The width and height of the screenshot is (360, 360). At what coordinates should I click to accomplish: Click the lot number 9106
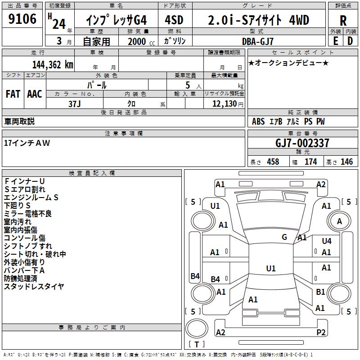(22, 19)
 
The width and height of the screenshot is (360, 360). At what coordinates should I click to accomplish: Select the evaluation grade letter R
(343, 20)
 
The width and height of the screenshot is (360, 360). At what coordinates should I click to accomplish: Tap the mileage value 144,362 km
(53, 64)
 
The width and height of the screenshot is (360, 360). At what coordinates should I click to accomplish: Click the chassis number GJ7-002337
(302, 143)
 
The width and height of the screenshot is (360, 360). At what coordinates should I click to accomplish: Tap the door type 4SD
(175, 20)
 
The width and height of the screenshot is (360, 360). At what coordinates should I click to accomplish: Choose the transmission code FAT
(13, 94)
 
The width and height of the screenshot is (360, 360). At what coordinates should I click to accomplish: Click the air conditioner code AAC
(35, 94)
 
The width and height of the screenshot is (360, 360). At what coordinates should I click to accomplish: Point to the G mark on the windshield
(284, 237)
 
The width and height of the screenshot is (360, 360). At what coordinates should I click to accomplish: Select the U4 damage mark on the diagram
(327, 241)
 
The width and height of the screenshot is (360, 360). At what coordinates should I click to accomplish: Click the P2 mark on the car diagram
(321, 332)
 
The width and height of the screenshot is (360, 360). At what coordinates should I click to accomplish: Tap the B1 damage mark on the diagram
(320, 292)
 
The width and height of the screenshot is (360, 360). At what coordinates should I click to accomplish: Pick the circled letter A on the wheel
(339, 221)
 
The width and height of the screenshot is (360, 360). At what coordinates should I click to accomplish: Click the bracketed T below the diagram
(197, 344)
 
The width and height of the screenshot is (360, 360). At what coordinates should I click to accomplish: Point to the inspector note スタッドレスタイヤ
(34, 286)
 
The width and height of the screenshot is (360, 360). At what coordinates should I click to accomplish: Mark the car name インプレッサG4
(116, 20)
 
